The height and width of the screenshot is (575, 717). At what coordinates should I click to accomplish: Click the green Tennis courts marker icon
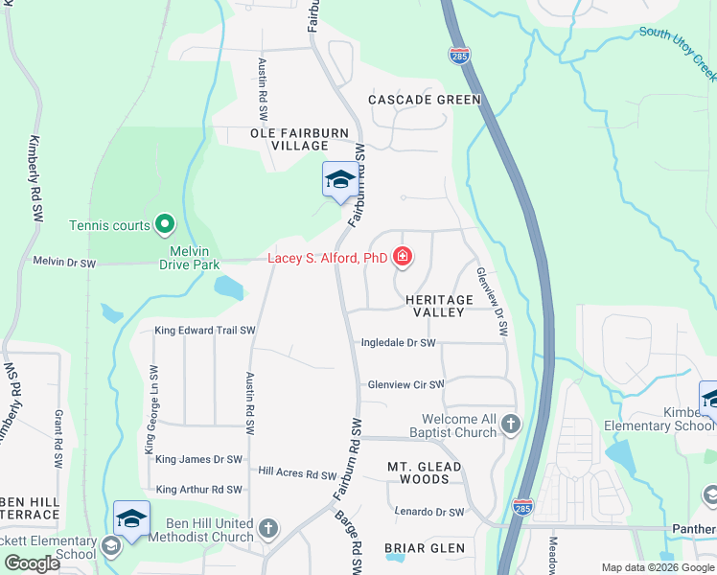tap(165, 225)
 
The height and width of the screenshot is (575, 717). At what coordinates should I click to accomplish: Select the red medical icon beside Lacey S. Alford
tap(403, 257)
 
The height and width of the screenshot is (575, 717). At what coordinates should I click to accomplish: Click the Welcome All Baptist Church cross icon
tap(511, 423)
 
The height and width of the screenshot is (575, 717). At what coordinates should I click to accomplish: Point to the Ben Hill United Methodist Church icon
tap(268, 528)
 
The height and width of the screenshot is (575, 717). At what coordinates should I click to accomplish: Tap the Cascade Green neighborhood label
tap(425, 100)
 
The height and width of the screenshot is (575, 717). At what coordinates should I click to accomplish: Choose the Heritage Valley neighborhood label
tap(439, 307)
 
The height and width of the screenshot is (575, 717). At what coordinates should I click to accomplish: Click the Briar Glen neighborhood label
tap(425, 549)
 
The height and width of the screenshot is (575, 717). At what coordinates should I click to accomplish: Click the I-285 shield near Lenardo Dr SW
tap(522, 506)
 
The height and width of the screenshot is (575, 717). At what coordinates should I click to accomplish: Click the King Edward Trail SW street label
tap(205, 331)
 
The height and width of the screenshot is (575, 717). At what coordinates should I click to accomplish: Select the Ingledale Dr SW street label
tap(398, 343)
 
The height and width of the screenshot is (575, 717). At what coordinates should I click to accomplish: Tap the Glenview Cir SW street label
tap(406, 385)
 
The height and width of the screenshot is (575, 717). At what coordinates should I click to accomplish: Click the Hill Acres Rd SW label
tap(297, 473)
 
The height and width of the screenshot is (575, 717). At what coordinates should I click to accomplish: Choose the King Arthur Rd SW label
tap(198, 490)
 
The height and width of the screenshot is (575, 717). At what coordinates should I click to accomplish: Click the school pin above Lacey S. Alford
tap(339, 180)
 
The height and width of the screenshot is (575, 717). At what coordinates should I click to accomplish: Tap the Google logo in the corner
tap(32, 563)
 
